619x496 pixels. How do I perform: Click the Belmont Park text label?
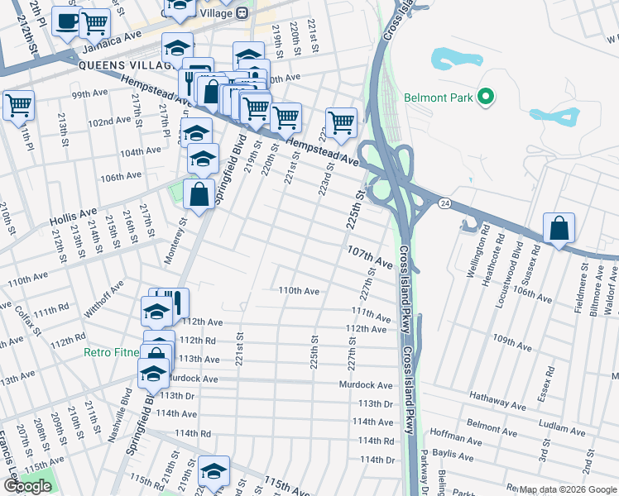click(x=439, y=98)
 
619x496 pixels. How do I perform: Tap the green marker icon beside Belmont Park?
click(x=487, y=98)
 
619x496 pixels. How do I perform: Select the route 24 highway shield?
click(x=446, y=203)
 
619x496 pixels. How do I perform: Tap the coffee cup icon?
click(x=66, y=21)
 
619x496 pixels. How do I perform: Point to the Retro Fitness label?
click(x=112, y=352)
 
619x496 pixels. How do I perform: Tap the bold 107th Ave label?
click(x=369, y=255)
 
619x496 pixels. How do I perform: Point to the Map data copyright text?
click(x=567, y=490)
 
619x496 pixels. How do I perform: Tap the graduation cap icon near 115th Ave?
click(x=214, y=470)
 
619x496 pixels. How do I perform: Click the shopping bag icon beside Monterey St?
click(x=199, y=196)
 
